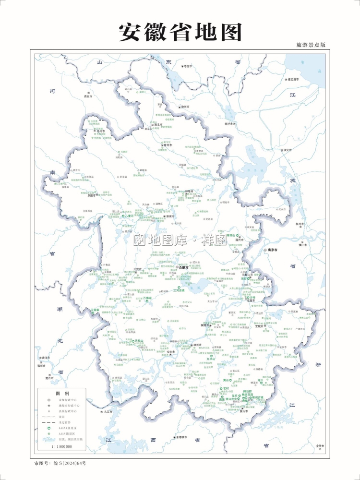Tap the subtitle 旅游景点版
[311, 45]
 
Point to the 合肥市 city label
[185, 267]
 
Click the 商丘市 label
[87, 96]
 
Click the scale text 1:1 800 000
[61, 446]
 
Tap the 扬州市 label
[301, 224]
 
